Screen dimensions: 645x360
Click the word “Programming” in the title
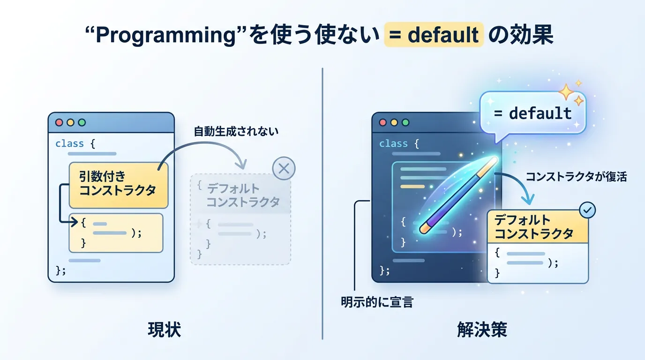click(165, 35)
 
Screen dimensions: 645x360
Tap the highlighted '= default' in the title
click(434, 35)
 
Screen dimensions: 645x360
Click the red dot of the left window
click(59, 122)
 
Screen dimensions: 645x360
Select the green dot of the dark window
click(405, 122)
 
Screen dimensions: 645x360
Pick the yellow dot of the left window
click(70, 122)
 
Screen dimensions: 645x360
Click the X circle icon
click(284, 168)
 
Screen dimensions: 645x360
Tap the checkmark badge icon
click(587, 210)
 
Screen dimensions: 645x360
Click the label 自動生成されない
click(236, 131)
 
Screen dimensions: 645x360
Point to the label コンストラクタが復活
click(576, 177)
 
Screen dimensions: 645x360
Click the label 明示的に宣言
click(377, 302)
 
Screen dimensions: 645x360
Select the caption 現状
click(165, 330)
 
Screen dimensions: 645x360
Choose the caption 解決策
click(482, 330)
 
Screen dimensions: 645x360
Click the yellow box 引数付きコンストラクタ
click(119, 185)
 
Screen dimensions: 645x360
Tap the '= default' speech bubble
click(532, 113)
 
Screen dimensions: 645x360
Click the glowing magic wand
click(458, 195)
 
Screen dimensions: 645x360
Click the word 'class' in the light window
click(69, 143)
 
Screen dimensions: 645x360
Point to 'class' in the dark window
click(393, 143)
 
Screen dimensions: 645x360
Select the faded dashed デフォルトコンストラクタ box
click(240, 219)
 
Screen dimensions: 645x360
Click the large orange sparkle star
click(566, 92)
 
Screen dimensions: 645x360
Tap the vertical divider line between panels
click(322, 203)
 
